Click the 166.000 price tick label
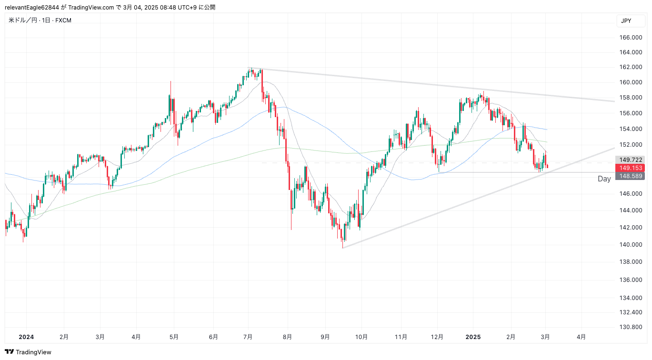click(630, 38)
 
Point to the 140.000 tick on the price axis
click(630, 245)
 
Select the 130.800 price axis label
click(630, 327)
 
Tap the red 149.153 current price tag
click(630, 168)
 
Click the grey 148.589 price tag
click(630, 176)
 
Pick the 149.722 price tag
click(630, 160)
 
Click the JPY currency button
click(626, 21)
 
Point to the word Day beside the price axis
click(604, 179)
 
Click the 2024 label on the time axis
click(26, 337)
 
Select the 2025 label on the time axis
click(473, 337)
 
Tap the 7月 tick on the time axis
click(248, 337)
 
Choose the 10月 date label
click(361, 337)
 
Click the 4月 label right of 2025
click(581, 337)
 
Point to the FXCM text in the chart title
click(63, 20)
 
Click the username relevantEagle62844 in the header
click(32, 7)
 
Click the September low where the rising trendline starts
click(342, 247)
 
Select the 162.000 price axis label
click(630, 67)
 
